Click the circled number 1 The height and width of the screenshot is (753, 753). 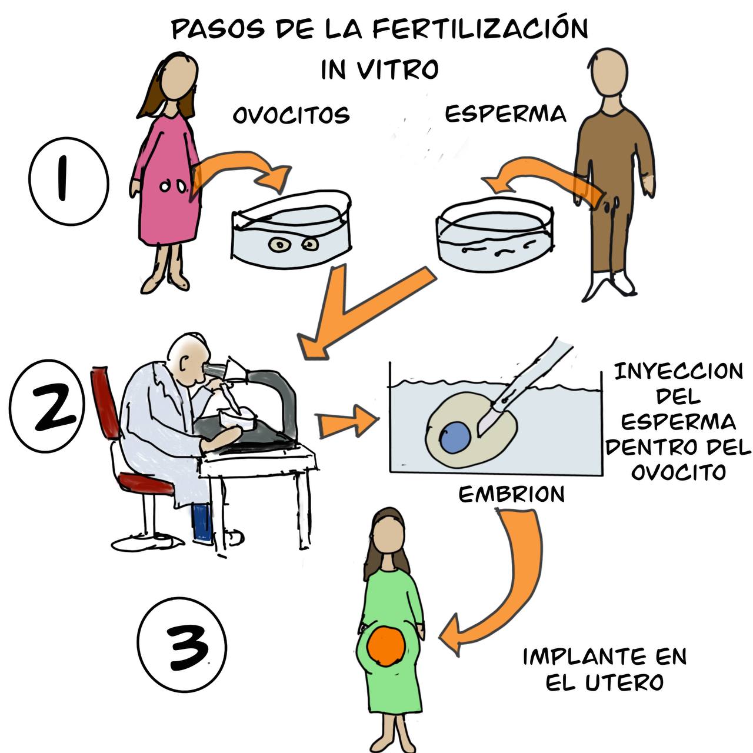[69, 181]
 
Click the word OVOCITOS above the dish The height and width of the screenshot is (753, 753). [291, 115]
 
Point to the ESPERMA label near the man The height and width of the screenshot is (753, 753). [506, 114]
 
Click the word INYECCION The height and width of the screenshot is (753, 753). [679, 371]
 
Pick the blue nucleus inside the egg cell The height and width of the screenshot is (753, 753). [455, 437]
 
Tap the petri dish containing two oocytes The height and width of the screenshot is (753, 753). [292, 230]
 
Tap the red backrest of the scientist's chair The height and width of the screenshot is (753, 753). [105, 402]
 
